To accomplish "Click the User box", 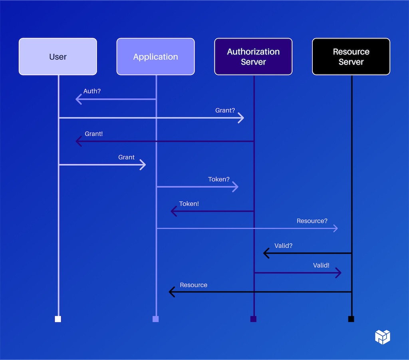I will [58, 57].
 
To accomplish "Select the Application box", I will [155, 57].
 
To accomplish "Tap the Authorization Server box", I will [253, 57].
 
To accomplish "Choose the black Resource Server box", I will [351, 57].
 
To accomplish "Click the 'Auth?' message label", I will [92, 91].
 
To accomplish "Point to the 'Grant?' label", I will [225, 110].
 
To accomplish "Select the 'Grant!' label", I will [93, 134].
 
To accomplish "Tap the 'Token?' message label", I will [219, 179].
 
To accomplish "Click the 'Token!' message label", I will [189, 204].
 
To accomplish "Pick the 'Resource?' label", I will [312, 221].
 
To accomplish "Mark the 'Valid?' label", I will [283, 246].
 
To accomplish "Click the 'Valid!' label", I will [321, 265].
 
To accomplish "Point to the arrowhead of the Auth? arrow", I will [78, 99].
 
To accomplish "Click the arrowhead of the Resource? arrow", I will [336, 228].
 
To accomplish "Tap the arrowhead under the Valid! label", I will [339, 273].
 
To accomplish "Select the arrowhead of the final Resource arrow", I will [172, 292].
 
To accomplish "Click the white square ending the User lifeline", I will [58, 319].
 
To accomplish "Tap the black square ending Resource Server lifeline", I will [351, 319].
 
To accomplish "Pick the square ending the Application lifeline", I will [156, 319].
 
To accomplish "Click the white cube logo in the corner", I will [382, 337].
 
